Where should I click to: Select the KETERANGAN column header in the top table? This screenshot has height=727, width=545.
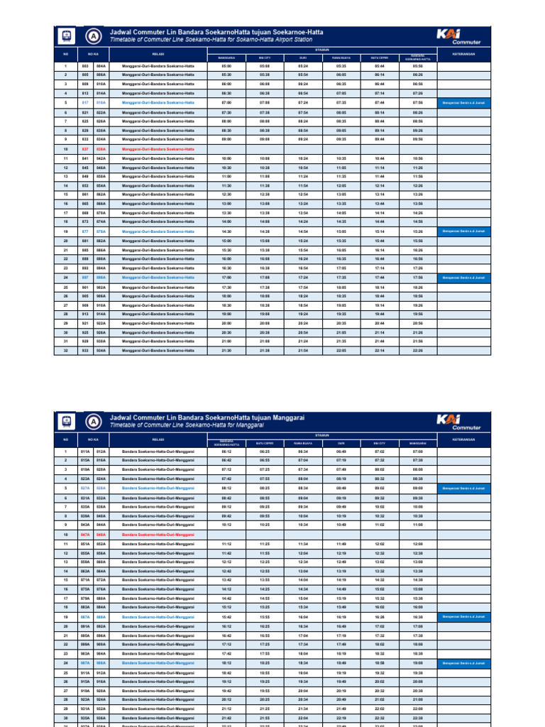[x=463, y=53]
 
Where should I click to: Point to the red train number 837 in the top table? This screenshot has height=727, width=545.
[x=85, y=149]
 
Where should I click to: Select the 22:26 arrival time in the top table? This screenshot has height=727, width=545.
[x=418, y=350]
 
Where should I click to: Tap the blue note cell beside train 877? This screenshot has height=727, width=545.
[x=463, y=231]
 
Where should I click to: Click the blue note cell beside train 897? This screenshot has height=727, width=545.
[x=463, y=277]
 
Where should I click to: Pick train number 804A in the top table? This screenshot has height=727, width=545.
[x=101, y=65]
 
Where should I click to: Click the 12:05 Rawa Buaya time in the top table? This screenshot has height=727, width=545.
[x=341, y=185]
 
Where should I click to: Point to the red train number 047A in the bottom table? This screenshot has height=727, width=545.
[x=85, y=534]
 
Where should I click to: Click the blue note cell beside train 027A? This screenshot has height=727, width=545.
[x=463, y=488]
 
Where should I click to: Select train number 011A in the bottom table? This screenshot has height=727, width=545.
[x=85, y=452]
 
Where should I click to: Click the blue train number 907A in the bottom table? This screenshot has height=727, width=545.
[x=85, y=663]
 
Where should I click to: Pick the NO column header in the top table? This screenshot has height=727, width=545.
[x=65, y=53]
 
